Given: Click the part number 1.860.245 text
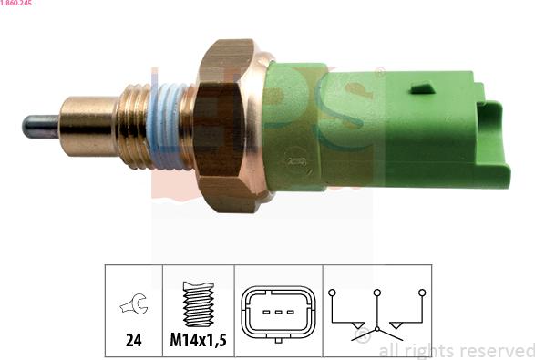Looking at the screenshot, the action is coord(15,3).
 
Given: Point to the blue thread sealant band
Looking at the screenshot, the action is coord(167,127).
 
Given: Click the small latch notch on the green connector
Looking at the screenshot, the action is coord(422,88).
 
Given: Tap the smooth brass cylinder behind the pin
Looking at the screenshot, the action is coord(88,127).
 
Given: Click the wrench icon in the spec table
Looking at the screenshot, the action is coord(134,304).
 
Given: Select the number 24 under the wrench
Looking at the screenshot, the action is coord(133,340).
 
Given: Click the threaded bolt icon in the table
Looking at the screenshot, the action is coord(199,303).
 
